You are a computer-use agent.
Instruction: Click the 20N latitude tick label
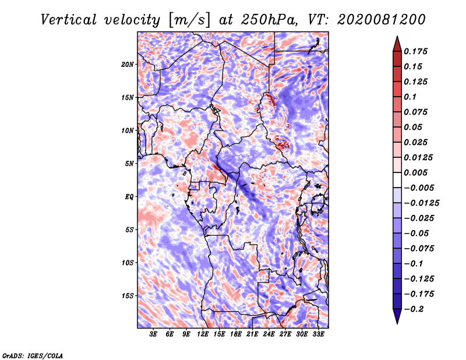click(x=128, y=65)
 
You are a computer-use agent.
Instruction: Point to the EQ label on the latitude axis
click(x=129, y=197)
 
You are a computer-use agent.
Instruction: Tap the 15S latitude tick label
click(x=128, y=296)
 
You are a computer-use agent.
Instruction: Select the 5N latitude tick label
click(x=129, y=164)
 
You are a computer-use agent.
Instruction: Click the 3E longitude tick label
click(x=153, y=334)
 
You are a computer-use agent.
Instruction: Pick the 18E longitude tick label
click(x=236, y=334)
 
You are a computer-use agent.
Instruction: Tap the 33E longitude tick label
click(x=318, y=334)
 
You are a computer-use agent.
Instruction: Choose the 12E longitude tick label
click(x=203, y=334)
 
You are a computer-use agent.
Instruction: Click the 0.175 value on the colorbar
click(x=415, y=51)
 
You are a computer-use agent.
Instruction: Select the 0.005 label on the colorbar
click(x=415, y=172)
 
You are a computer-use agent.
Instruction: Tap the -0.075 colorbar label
click(x=419, y=249)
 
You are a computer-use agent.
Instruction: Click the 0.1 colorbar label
click(x=410, y=97)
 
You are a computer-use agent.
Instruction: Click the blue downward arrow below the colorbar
click(x=397, y=316)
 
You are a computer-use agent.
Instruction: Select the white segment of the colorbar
click(x=397, y=180)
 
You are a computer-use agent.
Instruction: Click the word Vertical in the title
click(x=69, y=20)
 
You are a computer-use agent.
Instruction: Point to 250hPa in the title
click(x=269, y=20)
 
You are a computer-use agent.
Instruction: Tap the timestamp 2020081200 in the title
click(x=382, y=20)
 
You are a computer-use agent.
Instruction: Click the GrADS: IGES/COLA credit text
click(x=33, y=356)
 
